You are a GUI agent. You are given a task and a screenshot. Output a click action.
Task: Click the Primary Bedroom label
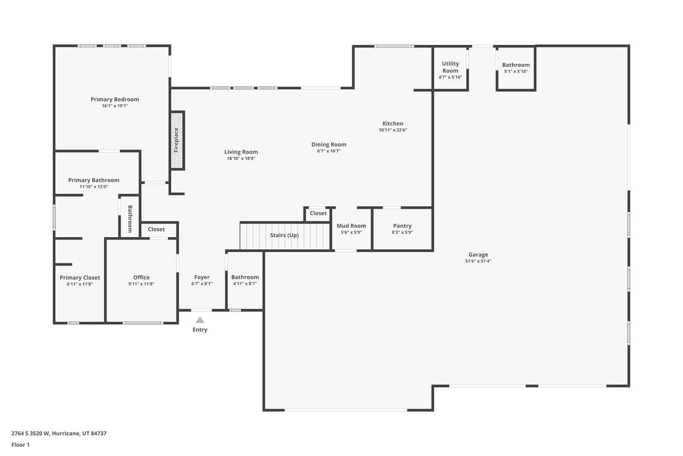click(x=114, y=99)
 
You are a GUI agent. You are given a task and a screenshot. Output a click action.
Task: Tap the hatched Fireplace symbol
click(x=176, y=140)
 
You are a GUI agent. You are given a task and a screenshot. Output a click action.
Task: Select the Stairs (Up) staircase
click(x=285, y=236)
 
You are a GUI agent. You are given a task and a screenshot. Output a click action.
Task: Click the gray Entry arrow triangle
click(x=200, y=320)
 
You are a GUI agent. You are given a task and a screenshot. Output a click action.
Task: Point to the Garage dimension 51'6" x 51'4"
click(x=478, y=261)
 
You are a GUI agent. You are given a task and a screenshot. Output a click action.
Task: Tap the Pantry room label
click(x=402, y=226)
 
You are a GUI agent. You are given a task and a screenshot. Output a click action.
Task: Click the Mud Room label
click(x=351, y=226)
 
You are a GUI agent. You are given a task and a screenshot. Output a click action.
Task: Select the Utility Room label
click(x=450, y=67)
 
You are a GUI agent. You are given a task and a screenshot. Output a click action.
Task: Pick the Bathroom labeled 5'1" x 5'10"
click(x=516, y=65)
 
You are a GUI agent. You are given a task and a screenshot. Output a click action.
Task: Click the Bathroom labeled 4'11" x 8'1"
click(x=245, y=277)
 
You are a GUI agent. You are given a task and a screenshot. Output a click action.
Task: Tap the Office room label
click(x=141, y=277)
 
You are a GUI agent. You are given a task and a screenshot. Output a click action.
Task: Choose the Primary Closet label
click(x=80, y=278)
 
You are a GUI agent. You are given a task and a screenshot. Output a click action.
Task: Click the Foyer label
click(x=201, y=277)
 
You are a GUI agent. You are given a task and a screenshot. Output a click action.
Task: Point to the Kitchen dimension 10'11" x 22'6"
click(x=393, y=130)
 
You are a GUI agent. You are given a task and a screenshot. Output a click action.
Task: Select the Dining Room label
click(x=328, y=144)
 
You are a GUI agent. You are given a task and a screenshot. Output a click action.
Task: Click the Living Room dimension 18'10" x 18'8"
click(x=241, y=158)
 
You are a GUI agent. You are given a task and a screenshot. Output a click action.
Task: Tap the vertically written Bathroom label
click(x=130, y=219)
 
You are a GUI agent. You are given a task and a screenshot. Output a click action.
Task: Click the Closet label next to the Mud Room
click(x=318, y=213)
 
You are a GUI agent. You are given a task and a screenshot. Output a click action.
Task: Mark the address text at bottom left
click(x=59, y=433)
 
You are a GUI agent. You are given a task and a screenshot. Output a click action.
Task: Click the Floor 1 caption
click(x=20, y=445)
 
